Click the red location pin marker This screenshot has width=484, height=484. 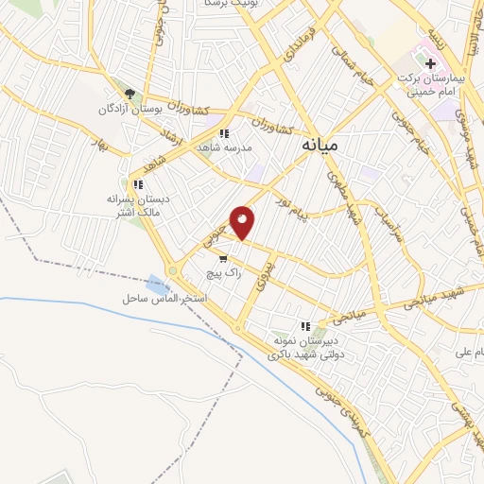243,222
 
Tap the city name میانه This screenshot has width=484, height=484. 322,147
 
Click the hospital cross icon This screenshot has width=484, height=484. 432,65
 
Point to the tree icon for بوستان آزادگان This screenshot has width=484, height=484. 130,94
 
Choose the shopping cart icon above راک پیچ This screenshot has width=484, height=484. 222,257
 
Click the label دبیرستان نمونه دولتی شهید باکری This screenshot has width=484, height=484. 304,347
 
